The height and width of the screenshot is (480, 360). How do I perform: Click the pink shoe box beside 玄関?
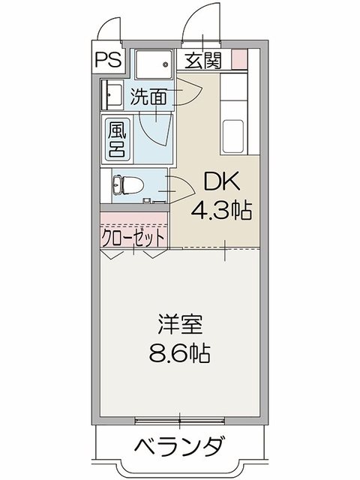[x=238, y=59]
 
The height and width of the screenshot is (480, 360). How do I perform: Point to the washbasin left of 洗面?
[x=113, y=96]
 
